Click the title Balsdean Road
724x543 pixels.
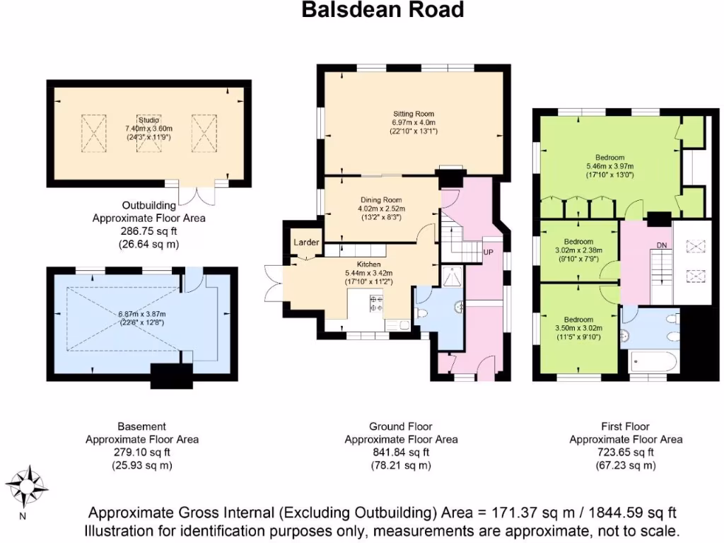tap(383, 10)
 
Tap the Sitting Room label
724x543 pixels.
tap(413, 113)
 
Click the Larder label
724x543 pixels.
tap(306, 243)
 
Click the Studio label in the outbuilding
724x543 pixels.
tap(148, 119)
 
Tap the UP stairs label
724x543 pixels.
tap(488, 252)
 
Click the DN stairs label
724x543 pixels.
tap(662, 245)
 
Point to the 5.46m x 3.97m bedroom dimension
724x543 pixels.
tap(609, 166)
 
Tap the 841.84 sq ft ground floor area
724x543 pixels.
tap(400, 452)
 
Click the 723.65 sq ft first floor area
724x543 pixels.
tap(626, 452)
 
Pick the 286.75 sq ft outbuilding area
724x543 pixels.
tap(148, 231)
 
